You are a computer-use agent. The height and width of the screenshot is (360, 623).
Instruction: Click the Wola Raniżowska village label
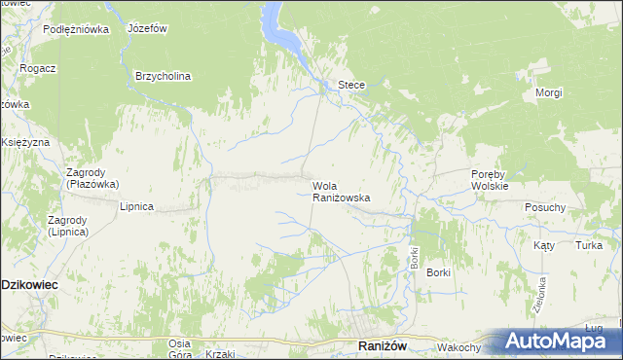point(341,191)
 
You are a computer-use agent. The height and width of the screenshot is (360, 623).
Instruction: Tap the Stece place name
point(351,85)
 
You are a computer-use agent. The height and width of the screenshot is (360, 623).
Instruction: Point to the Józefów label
point(146,28)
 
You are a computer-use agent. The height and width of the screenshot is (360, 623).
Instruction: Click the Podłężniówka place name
point(76,29)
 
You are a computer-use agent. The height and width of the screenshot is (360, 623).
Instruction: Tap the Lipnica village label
point(136,206)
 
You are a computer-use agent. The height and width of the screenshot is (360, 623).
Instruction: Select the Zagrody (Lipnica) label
point(68,227)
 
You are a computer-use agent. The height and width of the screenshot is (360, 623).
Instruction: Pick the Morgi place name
point(549,92)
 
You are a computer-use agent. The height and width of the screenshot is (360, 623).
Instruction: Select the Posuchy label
point(545,207)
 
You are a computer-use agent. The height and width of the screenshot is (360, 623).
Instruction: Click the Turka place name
point(588,246)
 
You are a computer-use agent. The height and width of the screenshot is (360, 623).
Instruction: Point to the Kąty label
point(543,246)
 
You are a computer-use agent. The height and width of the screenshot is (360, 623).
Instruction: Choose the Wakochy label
point(459,347)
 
